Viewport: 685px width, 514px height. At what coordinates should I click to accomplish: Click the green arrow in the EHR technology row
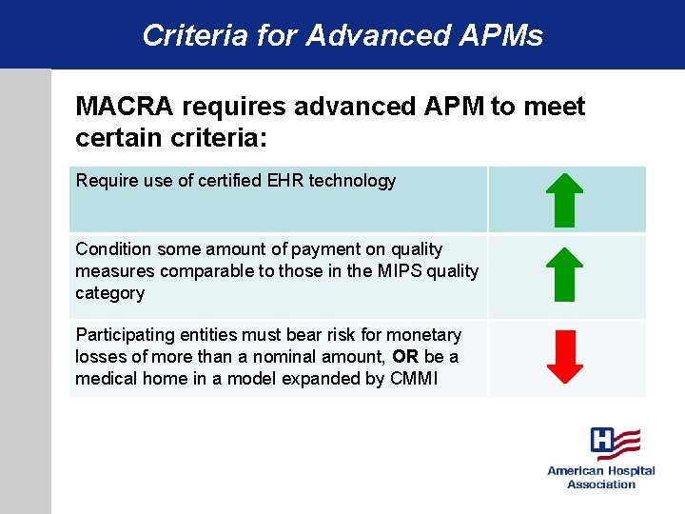pos(567,199)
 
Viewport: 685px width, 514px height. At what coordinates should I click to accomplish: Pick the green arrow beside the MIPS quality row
pos(567,275)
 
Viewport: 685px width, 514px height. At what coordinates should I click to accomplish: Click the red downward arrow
pos(567,357)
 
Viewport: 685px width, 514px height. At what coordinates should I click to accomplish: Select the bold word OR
pos(405,357)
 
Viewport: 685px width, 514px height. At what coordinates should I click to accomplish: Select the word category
pos(109,293)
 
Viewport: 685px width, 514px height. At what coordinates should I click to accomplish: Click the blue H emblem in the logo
pos(603,441)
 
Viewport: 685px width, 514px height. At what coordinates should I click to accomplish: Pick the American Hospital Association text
pos(600,478)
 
